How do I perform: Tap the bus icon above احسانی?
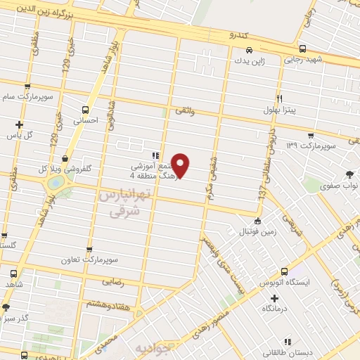86,110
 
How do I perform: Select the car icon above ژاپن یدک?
250,50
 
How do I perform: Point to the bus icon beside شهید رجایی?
302,49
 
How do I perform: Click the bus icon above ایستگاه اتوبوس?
285,271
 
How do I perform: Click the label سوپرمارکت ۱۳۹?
312,146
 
